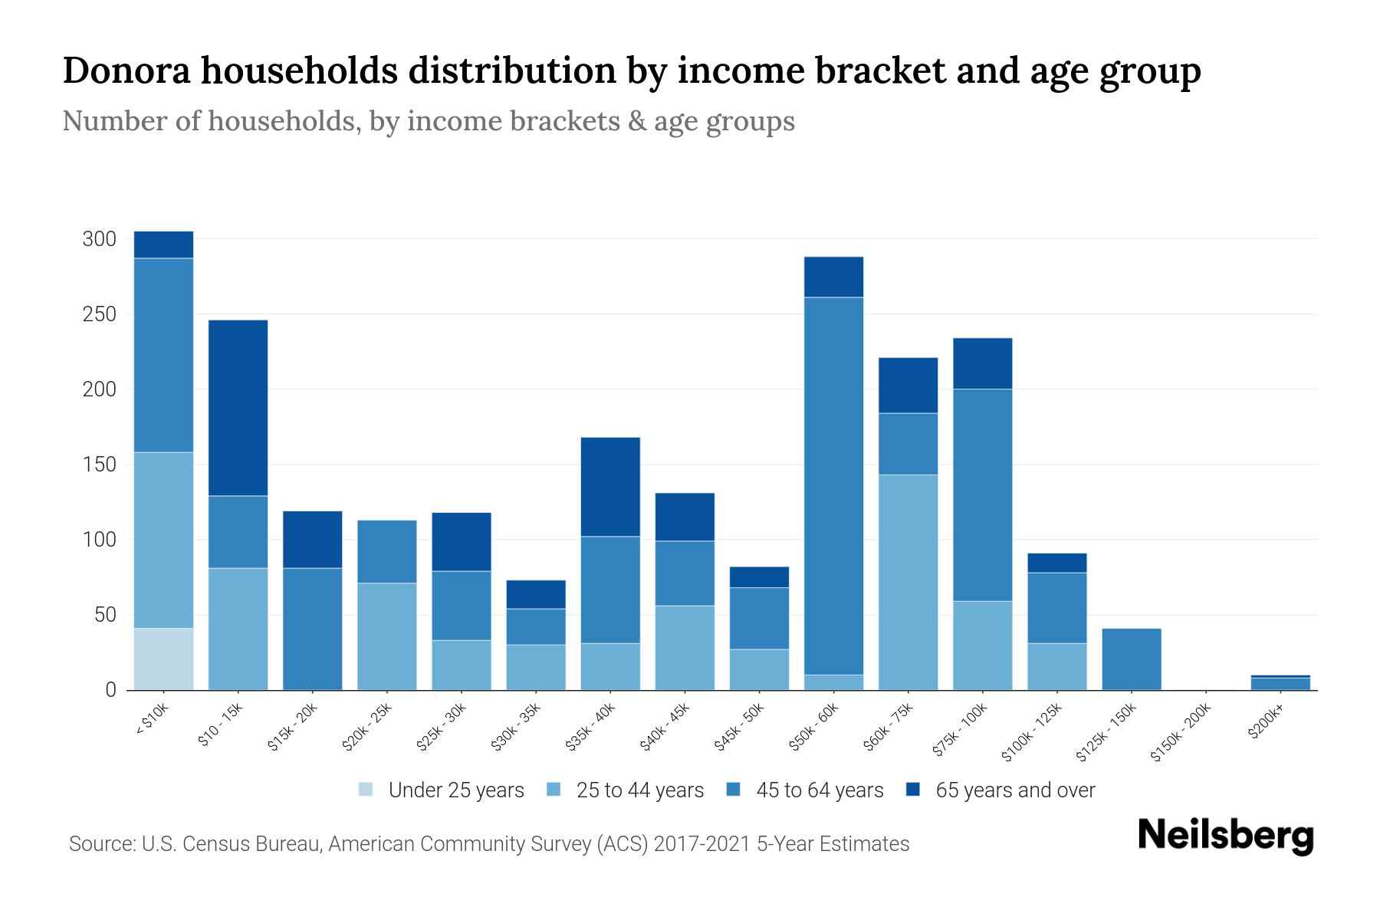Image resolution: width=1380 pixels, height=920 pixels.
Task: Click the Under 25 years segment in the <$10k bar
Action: [x=163, y=659]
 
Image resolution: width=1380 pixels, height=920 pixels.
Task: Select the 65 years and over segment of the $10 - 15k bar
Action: [x=238, y=408]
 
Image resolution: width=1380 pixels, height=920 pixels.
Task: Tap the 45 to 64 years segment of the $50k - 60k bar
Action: [x=833, y=485]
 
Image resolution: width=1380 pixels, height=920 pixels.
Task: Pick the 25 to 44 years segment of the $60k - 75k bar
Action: [x=908, y=582]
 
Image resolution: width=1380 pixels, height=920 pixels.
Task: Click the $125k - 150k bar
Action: [x=1131, y=659]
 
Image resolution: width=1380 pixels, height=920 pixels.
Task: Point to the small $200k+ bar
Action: [x=1280, y=682]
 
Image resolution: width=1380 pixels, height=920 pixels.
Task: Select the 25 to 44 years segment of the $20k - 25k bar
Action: [x=386, y=636]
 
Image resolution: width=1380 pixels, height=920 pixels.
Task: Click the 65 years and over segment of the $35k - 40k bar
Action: [x=610, y=486]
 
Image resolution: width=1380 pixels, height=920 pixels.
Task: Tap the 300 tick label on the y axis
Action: [x=99, y=239]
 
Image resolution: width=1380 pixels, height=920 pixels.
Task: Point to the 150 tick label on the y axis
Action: [x=99, y=465]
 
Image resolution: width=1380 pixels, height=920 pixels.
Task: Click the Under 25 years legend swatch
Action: [x=366, y=790]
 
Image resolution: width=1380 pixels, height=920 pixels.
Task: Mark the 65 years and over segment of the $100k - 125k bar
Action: [x=1056, y=563]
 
